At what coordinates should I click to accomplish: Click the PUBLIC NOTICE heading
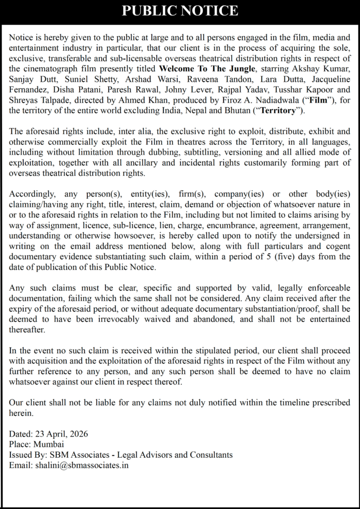pyautogui.click(x=180, y=11)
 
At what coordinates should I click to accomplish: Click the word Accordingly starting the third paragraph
pyautogui.click(x=32, y=194)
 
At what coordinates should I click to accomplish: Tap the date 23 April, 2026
pyautogui.click(x=58, y=435)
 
